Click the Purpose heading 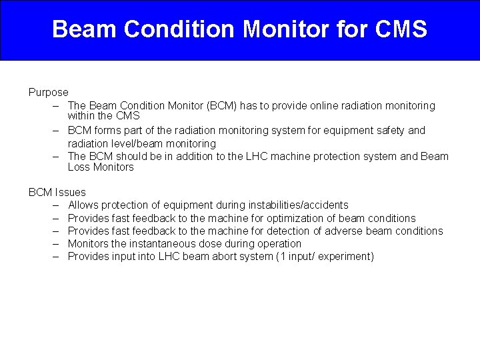pos(48,92)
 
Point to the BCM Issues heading pos(57,192)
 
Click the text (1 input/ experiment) pos(325,256)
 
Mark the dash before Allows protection pos(54,205)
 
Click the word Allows pos(83,205)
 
